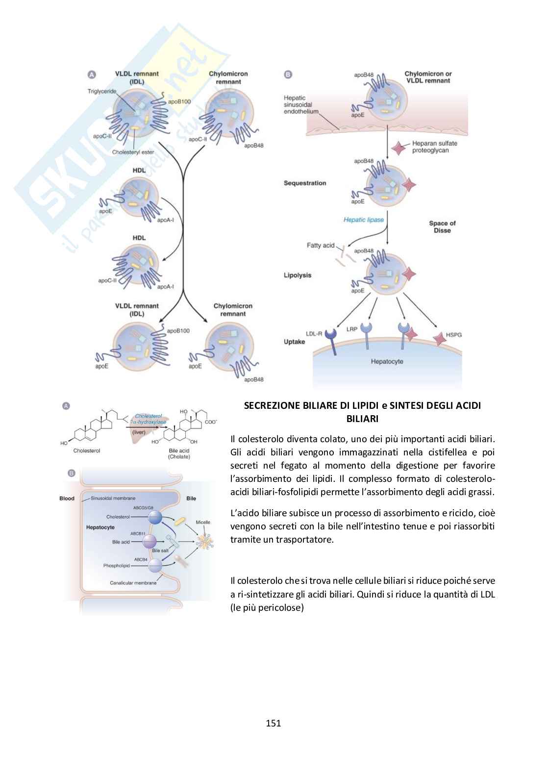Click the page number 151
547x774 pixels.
click(x=273, y=723)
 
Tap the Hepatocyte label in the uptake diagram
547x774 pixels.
click(x=387, y=362)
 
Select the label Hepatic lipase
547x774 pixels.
click(x=363, y=220)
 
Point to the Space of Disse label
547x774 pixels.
click(x=442, y=226)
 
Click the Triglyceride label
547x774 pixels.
click(x=102, y=91)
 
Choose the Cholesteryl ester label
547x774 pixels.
click(x=133, y=152)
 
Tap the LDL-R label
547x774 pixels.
click(x=314, y=334)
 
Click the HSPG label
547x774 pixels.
click(x=453, y=335)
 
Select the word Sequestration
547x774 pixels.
click(x=304, y=183)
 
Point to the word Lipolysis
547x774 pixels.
click(x=297, y=275)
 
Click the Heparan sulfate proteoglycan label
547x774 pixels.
click(x=434, y=147)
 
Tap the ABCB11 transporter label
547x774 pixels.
click(x=138, y=533)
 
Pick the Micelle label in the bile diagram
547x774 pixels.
click(x=203, y=523)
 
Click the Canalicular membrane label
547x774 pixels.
click(x=133, y=583)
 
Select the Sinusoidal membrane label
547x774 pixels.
click(x=113, y=498)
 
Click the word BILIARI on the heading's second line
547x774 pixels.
click(x=362, y=419)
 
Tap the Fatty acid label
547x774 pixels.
click(x=320, y=245)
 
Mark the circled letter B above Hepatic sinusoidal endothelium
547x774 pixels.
click(x=288, y=75)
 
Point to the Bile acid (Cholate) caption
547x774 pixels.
click(x=179, y=453)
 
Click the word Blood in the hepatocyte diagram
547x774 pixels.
click(x=67, y=499)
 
